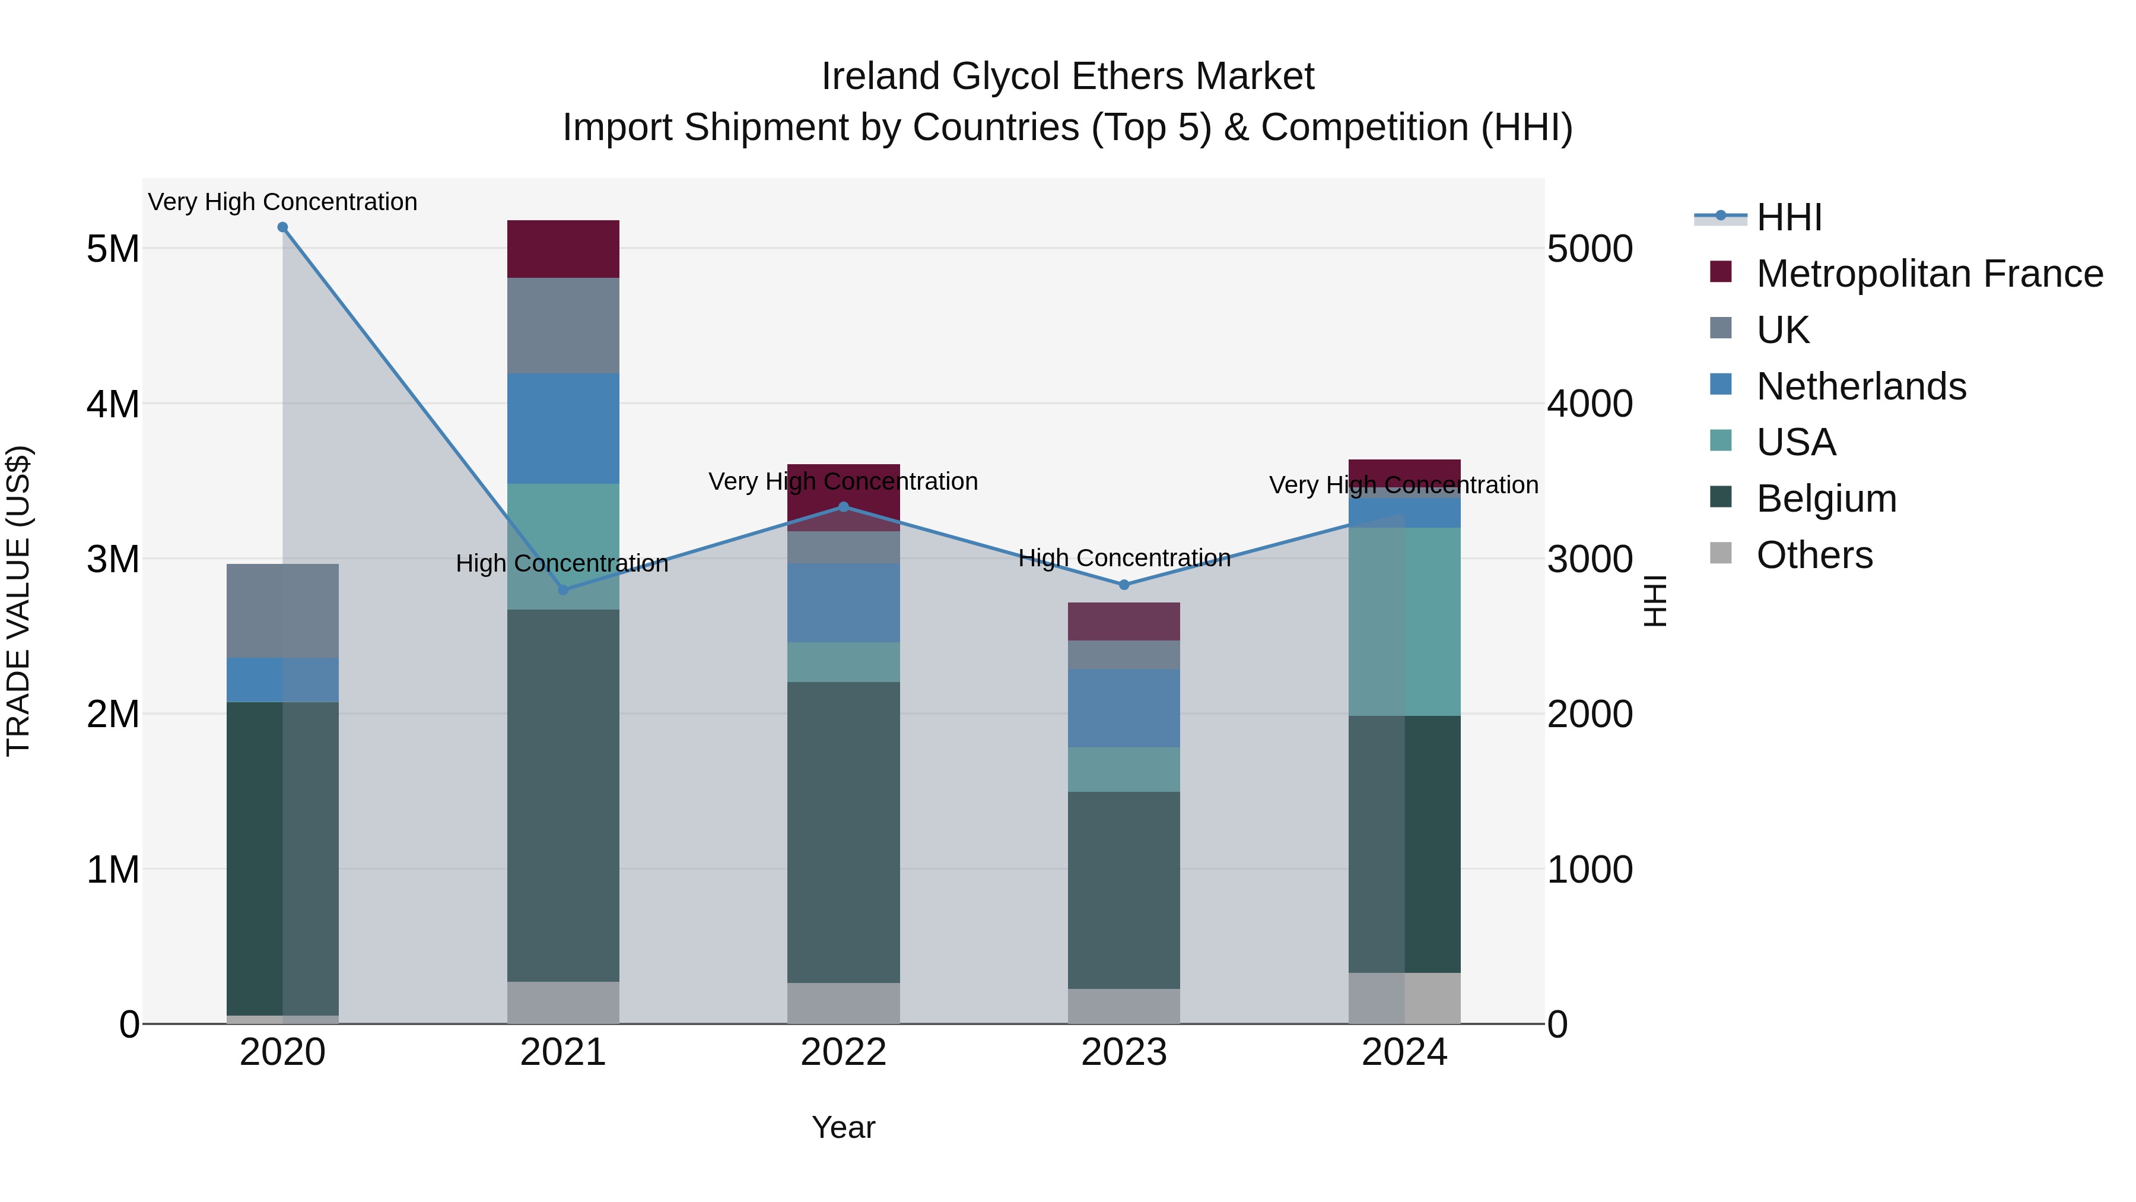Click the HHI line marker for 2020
point(283,227)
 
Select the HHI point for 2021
point(563,590)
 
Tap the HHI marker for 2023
point(1124,585)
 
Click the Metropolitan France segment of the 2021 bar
point(563,249)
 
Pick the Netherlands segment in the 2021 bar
point(563,428)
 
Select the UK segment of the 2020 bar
point(283,611)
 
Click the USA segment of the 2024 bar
point(1404,621)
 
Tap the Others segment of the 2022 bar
point(843,1003)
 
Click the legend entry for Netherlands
point(1861,386)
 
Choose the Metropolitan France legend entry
point(1929,274)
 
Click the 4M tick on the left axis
point(113,404)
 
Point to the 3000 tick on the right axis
point(1590,559)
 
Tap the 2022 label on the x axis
point(843,1052)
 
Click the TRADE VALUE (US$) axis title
point(18,601)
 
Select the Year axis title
point(843,1127)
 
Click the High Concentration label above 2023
point(1124,559)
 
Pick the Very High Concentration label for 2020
point(283,202)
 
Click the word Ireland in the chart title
point(881,77)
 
